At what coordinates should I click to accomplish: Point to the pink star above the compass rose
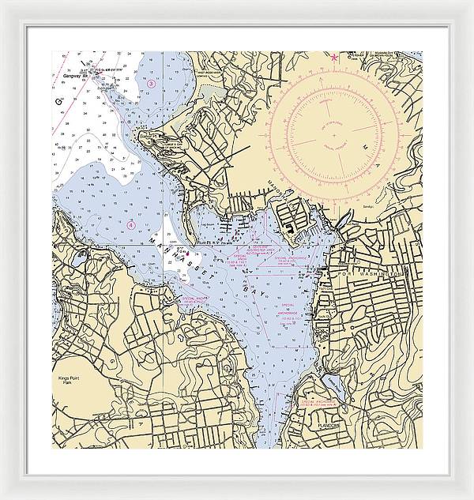pos(334,57)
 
